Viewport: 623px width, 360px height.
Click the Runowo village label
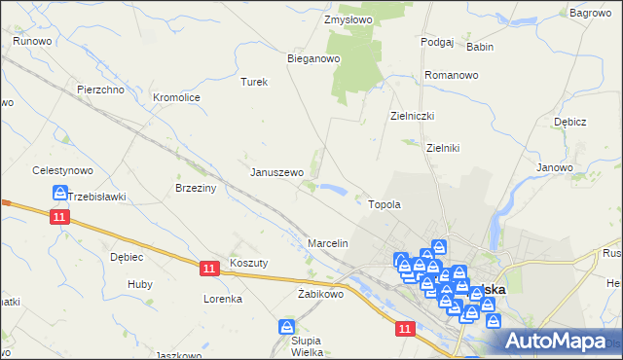[32, 41]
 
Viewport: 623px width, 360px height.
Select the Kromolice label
[176, 98]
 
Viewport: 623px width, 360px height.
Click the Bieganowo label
[312, 58]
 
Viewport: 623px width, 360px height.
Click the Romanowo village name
[451, 75]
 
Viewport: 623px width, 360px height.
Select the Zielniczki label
[412, 116]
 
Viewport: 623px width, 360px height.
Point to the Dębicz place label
[569, 123]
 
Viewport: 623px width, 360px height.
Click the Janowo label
[554, 167]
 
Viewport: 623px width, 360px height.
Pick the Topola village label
[385, 205]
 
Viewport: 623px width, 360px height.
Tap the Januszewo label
[277, 172]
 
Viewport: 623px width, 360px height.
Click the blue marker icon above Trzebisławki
[59, 194]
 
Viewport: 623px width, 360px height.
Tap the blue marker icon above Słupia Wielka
[286, 328]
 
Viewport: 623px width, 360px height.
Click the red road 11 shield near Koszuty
[208, 266]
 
